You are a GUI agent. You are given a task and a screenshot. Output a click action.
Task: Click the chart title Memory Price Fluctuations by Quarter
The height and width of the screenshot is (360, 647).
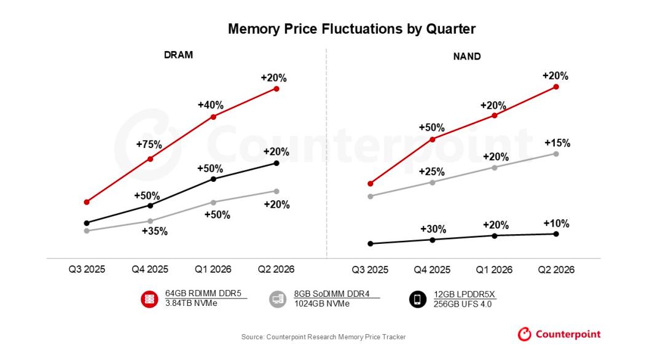[351, 29]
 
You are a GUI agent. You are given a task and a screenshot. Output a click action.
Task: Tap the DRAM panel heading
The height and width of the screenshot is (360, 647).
[178, 55]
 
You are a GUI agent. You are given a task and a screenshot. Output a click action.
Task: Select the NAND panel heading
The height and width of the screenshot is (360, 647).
[467, 57]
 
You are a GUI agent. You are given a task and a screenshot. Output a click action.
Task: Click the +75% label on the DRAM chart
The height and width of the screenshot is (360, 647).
[149, 145]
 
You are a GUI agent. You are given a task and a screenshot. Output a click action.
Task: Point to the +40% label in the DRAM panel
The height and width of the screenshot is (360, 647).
[210, 105]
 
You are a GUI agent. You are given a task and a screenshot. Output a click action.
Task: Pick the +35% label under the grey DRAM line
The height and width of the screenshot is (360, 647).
[155, 232]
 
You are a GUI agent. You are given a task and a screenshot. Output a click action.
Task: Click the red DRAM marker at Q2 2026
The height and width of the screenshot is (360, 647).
[276, 89]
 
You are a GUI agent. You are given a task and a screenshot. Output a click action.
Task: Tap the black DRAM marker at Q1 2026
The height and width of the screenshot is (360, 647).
[213, 179]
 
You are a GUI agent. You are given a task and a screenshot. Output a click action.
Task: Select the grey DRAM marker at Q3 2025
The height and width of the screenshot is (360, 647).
[87, 231]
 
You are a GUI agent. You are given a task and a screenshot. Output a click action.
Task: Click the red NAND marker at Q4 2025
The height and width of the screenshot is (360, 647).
[433, 139]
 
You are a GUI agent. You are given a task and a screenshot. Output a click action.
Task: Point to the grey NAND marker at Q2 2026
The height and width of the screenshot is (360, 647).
[556, 154]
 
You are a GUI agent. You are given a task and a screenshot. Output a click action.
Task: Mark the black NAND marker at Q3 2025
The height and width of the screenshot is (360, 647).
[370, 244]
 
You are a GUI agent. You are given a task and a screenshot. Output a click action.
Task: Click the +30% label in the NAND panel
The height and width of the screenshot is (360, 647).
[433, 229]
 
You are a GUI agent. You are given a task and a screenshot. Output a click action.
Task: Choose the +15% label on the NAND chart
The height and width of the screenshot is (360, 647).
[557, 143]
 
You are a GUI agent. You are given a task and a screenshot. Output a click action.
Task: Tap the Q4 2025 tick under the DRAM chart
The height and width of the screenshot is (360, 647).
[150, 269]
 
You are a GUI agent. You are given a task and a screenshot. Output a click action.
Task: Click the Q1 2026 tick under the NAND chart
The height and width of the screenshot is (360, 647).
[495, 269]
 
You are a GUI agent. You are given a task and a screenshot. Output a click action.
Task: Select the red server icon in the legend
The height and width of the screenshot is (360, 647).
[149, 299]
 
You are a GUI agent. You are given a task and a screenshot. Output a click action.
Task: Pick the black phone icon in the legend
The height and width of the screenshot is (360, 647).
[418, 299]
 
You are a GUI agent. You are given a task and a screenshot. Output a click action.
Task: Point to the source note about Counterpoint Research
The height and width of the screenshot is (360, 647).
[323, 337]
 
